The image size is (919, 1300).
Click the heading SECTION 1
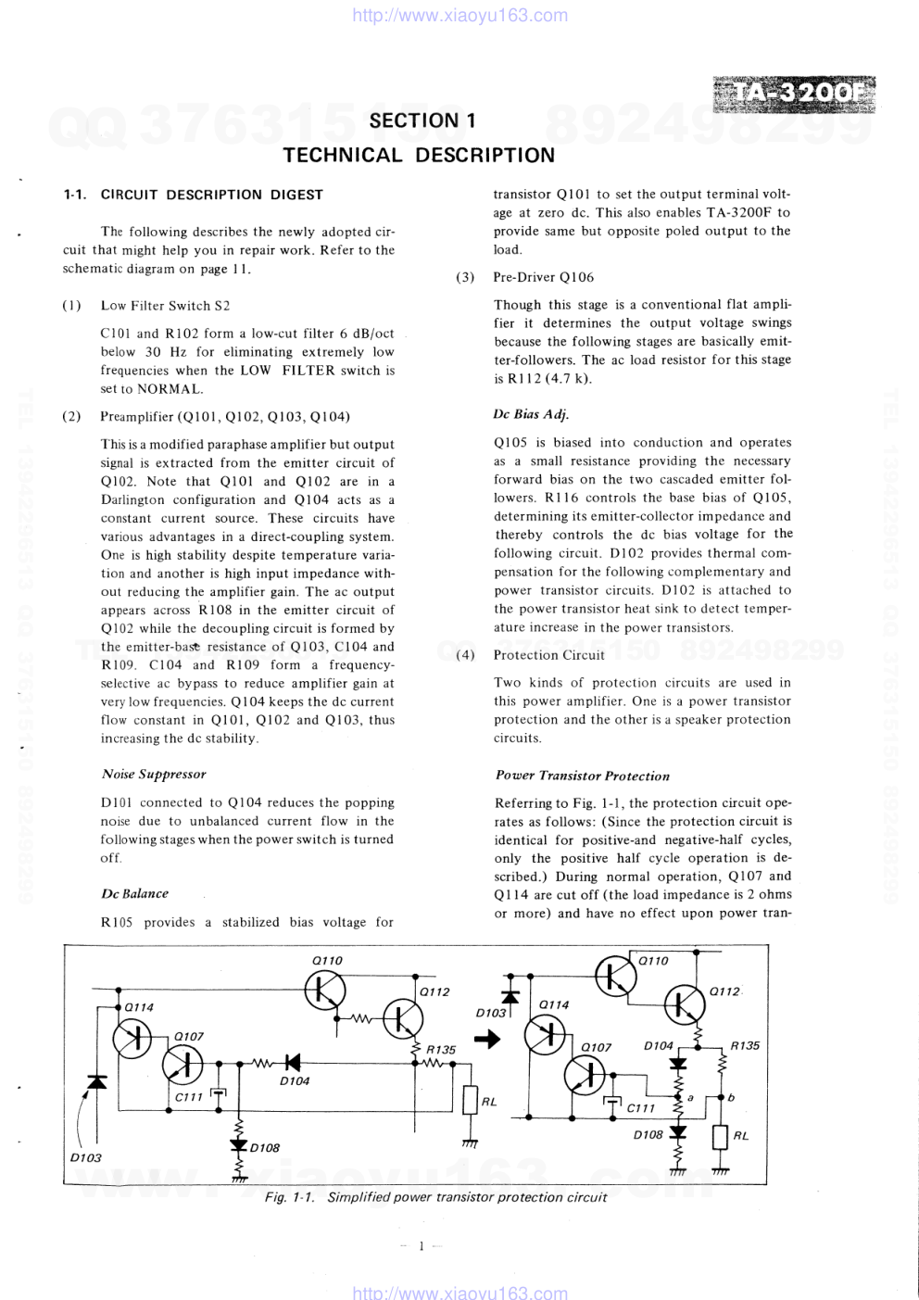[x=422, y=120]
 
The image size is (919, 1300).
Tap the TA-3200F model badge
[x=795, y=95]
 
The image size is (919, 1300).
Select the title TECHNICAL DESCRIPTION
[x=419, y=156]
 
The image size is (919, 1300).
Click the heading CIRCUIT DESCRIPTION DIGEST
[x=211, y=195]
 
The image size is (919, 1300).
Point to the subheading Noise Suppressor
[x=154, y=775]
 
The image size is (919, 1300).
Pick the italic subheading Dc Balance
[x=135, y=894]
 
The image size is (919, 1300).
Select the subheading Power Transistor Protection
[x=582, y=776]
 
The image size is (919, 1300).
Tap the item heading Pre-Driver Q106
[x=543, y=277]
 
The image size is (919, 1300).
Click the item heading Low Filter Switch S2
[x=165, y=306]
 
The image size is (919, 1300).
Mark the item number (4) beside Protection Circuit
[x=465, y=655]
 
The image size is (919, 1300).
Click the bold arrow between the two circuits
[x=487, y=1039]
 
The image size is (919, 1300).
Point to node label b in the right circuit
[x=731, y=1097]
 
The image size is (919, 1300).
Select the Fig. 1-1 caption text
[x=435, y=1197]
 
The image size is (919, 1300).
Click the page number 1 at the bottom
[x=422, y=1246]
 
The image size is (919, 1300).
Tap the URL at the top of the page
[x=460, y=16]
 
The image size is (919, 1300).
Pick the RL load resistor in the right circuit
[x=720, y=1137]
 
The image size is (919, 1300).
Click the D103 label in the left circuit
[x=86, y=1157]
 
